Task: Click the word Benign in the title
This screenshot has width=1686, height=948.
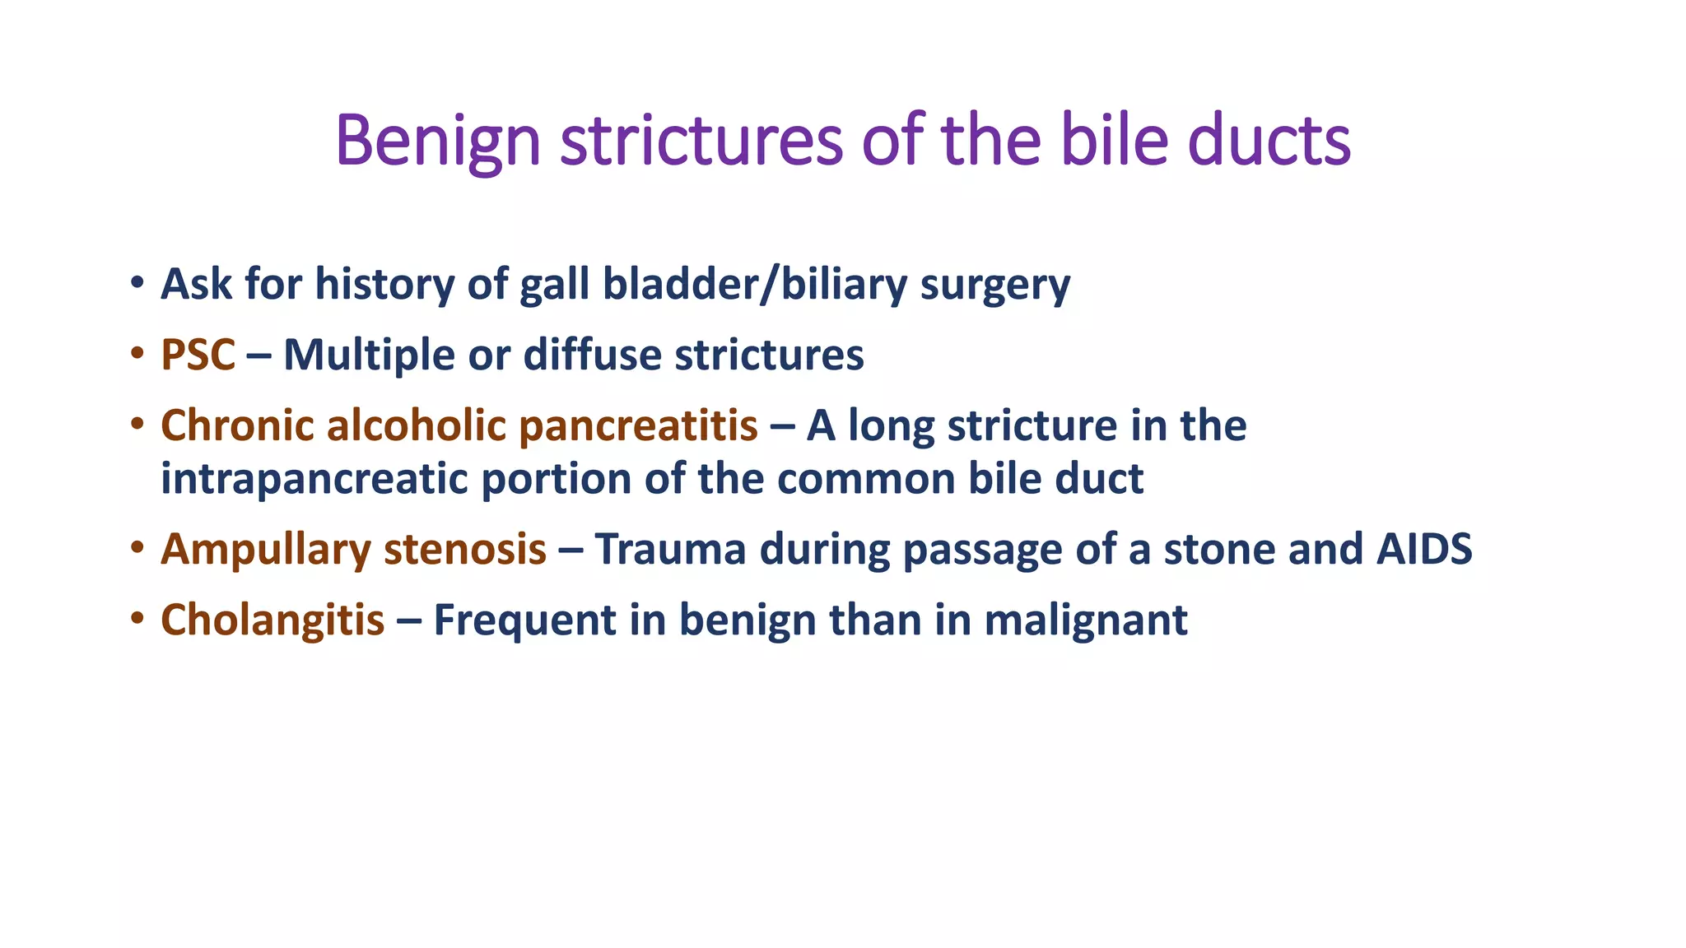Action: (437, 141)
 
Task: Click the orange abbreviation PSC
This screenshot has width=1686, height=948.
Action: (198, 355)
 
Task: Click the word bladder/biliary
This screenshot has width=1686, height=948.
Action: (755, 285)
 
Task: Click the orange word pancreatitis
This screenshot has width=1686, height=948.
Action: (638, 426)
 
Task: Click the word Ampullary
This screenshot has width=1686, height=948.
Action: (266, 550)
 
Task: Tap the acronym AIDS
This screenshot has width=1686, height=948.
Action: (1424, 550)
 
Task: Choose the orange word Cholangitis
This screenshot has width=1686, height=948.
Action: (272, 620)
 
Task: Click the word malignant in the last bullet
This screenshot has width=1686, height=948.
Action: (1086, 620)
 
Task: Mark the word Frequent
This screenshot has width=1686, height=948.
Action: (524, 620)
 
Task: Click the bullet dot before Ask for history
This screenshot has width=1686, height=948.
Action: (137, 284)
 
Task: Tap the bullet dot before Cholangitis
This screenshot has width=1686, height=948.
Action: (137, 618)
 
